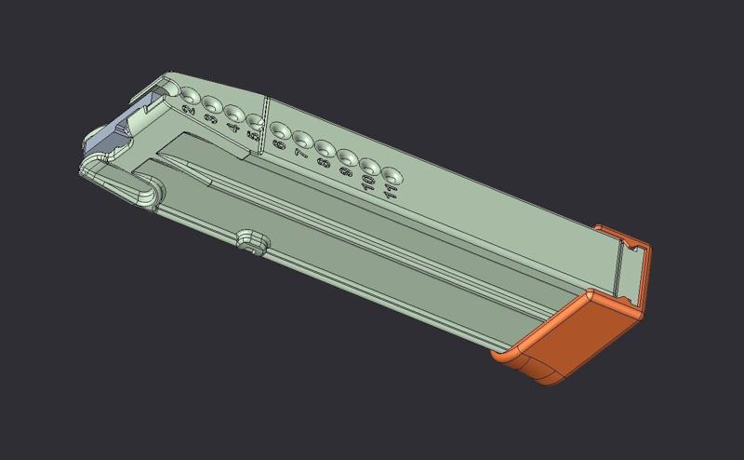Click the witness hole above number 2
(190, 95)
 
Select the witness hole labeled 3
(212, 105)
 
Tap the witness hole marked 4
(233, 114)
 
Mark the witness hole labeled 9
(348, 156)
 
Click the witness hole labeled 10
(370, 166)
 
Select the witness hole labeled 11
(392, 174)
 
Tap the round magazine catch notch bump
(248, 239)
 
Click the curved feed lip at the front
(121, 182)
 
